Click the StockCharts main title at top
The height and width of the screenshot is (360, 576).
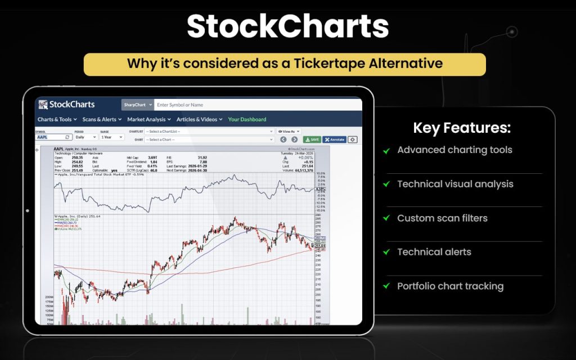287,26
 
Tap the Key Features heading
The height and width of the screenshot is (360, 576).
462,128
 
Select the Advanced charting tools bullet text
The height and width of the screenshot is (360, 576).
454,150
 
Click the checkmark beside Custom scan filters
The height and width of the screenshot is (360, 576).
386,218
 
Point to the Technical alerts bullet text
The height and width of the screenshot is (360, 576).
434,252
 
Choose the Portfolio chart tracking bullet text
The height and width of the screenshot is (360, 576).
450,286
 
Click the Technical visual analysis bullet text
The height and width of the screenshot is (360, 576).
455,184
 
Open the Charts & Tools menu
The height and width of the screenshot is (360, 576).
57,119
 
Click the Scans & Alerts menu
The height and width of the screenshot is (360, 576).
102,119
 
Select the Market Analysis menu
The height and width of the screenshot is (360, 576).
148,119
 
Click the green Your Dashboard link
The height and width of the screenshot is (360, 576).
247,119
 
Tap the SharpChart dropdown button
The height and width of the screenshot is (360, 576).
137,105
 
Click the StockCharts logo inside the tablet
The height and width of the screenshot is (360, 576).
66,105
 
